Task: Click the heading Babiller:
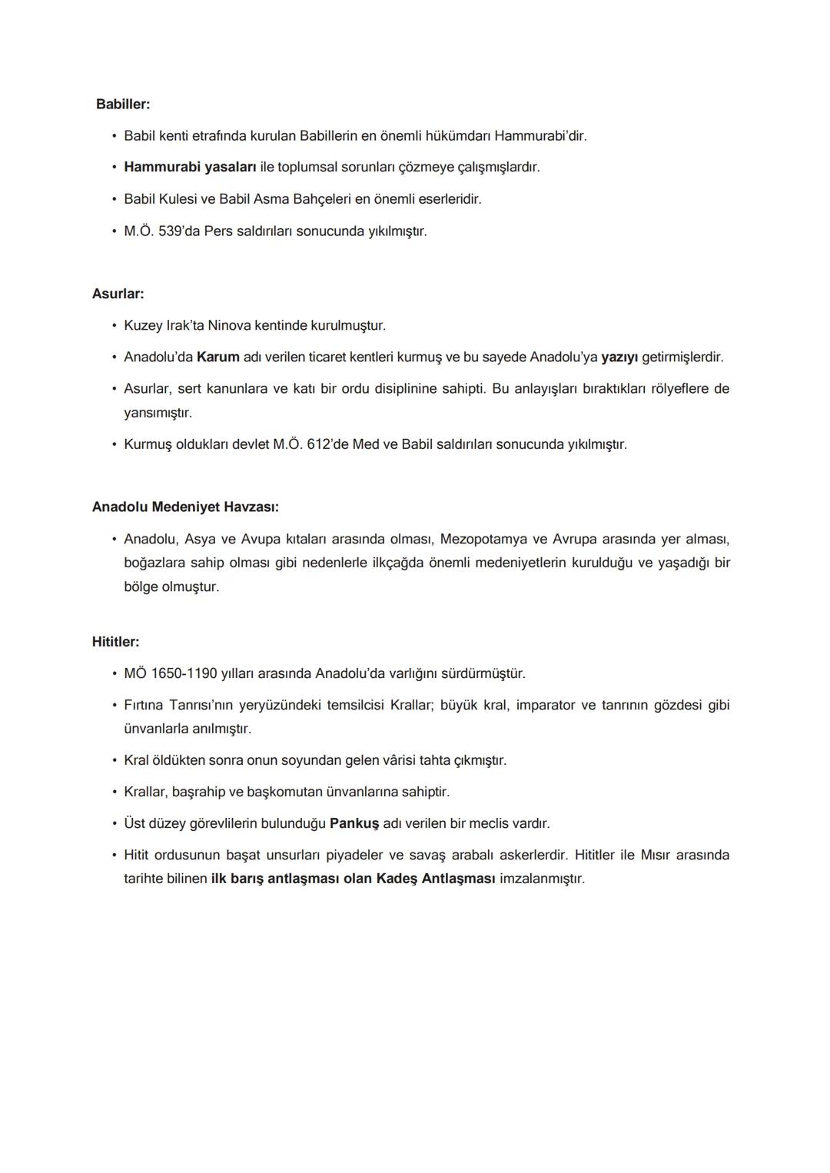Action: point(123,104)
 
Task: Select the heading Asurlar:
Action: point(118,294)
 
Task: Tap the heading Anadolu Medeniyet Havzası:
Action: point(185,507)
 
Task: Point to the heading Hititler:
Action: point(115,642)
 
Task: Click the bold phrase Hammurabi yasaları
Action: point(190,167)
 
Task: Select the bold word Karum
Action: point(218,357)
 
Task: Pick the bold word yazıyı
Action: point(619,357)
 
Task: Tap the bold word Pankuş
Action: point(354,823)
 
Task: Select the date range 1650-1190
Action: point(184,673)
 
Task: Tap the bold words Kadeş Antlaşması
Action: point(436,878)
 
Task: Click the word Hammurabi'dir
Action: point(540,136)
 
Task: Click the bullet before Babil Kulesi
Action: point(114,199)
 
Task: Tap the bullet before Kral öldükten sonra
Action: point(114,760)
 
